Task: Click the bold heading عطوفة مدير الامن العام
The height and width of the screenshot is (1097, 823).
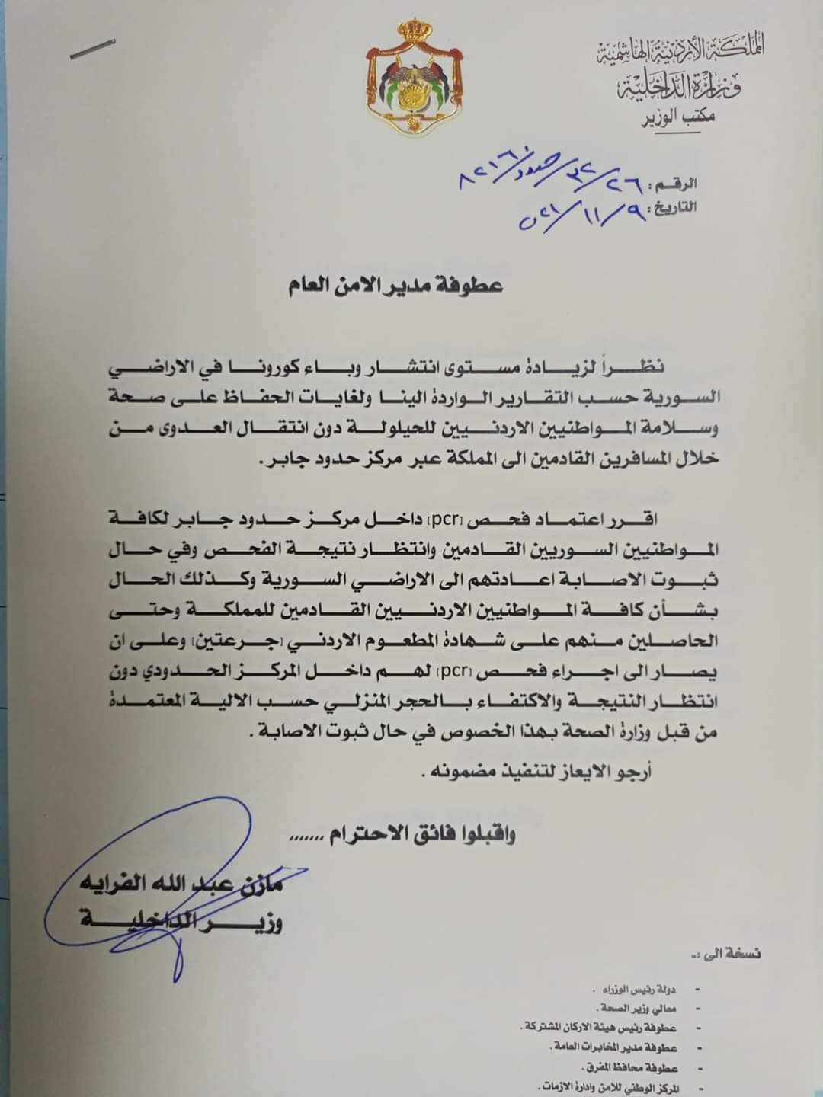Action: point(395,286)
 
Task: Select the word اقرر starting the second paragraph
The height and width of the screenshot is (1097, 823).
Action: point(636,521)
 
